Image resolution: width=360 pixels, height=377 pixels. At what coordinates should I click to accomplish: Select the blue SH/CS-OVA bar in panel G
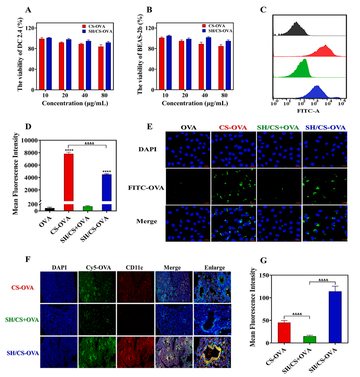[x=332, y=317]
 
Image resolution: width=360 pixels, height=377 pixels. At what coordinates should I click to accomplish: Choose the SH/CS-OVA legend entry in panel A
[x=102, y=31]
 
